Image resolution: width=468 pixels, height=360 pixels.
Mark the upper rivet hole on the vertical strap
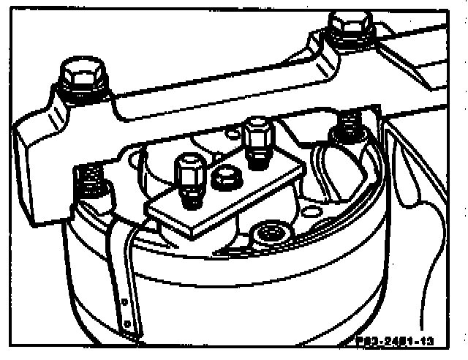pyautogui.click(x=129, y=301)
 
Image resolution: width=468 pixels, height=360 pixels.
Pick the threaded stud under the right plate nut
pyautogui.click(x=257, y=156)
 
